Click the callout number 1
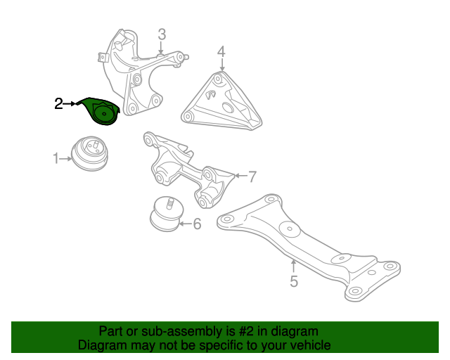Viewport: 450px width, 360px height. click(x=56, y=159)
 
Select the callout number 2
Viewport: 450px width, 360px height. click(x=58, y=105)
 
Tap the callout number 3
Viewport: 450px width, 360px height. click(x=162, y=34)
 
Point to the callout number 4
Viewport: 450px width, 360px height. click(x=221, y=51)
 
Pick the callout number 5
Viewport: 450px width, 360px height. click(x=294, y=282)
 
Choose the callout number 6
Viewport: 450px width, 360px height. click(x=197, y=224)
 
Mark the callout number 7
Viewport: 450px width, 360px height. click(x=252, y=176)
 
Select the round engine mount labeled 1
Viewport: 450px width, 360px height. click(x=91, y=153)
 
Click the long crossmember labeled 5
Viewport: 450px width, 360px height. click(x=309, y=243)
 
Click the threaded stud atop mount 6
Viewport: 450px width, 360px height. click(x=169, y=203)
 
